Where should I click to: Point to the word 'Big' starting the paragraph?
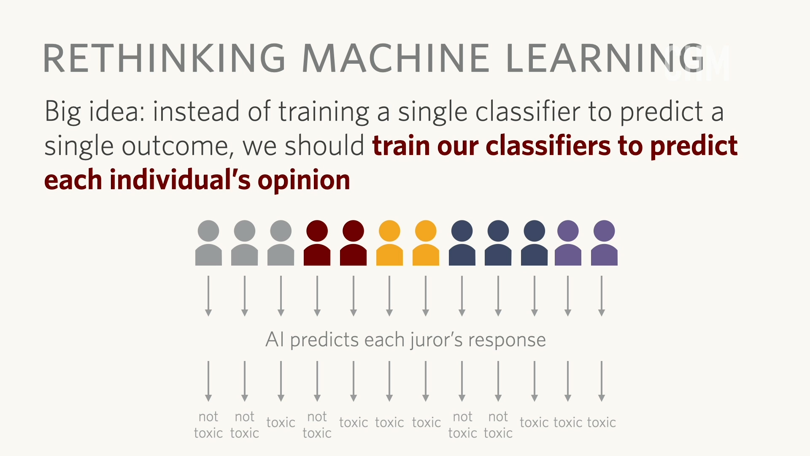click(62, 112)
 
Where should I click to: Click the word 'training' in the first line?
click(324, 112)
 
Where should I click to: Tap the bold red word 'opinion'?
click(304, 180)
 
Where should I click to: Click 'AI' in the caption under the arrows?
click(275, 340)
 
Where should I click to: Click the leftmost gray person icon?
click(208, 243)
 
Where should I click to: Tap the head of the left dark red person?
click(317, 231)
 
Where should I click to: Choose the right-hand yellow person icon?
click(426, 243)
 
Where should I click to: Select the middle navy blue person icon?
click(498, 243)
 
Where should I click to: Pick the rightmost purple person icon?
click(604, 243)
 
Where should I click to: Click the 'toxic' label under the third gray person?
click(281, 422)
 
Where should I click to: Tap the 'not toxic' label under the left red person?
click(317, 425)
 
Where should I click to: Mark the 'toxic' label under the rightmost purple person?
click(602, 422)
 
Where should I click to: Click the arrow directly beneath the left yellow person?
click(389, 296)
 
